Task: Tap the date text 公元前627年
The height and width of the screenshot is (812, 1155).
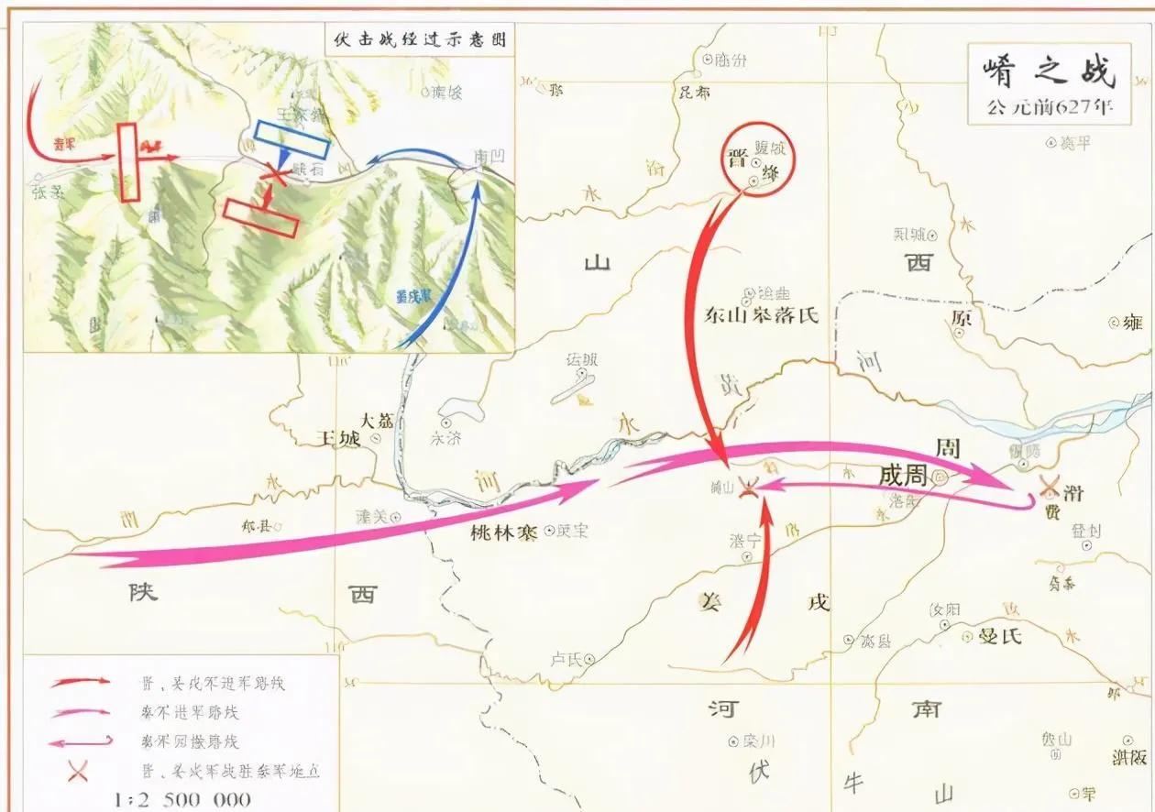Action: [1050, 106]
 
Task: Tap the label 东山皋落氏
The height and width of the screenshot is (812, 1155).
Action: [760, 316]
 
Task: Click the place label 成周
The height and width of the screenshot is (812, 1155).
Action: [902, 477]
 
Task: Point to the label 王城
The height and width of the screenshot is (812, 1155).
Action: [337, 438]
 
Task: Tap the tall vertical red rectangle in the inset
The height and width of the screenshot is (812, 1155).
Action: [127, 162]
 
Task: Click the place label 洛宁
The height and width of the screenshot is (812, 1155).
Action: [745, 541]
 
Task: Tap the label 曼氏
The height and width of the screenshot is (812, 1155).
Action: [999, 635]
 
